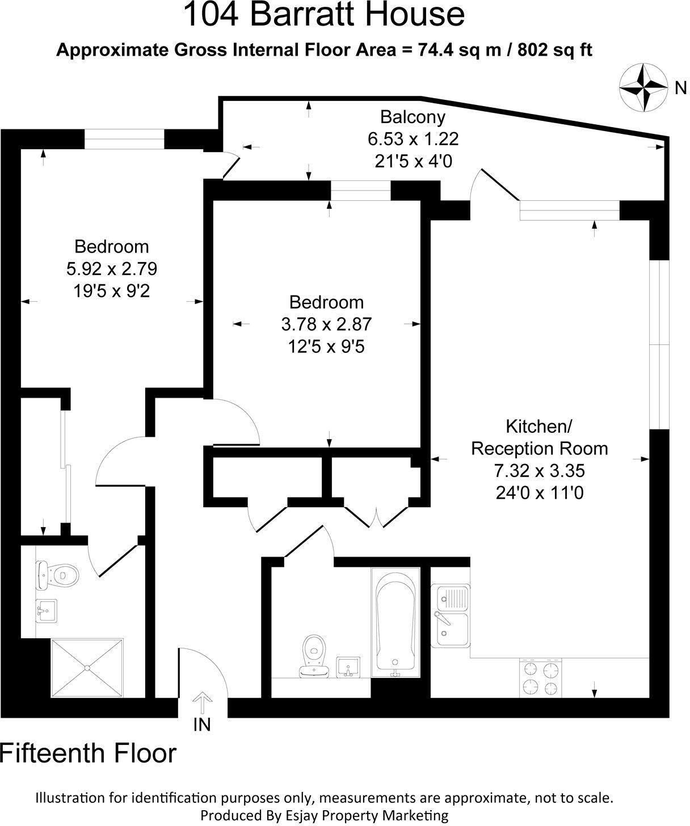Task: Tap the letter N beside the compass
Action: click(680, 88)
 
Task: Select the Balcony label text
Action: click(413, 117)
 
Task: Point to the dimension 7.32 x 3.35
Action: click(539, 470)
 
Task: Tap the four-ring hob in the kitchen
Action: click(541, 678)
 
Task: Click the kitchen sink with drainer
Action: click(451, 615)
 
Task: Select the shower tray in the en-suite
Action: click(87, 668)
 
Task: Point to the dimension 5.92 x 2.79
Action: click(111, 268)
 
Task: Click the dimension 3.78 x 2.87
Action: click(326, 324)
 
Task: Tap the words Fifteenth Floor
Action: click(89, 753)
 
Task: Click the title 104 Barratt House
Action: click(323, 15)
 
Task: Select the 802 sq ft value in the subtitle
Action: click(558, 50)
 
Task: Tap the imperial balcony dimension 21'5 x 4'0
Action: click(413, 161)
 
